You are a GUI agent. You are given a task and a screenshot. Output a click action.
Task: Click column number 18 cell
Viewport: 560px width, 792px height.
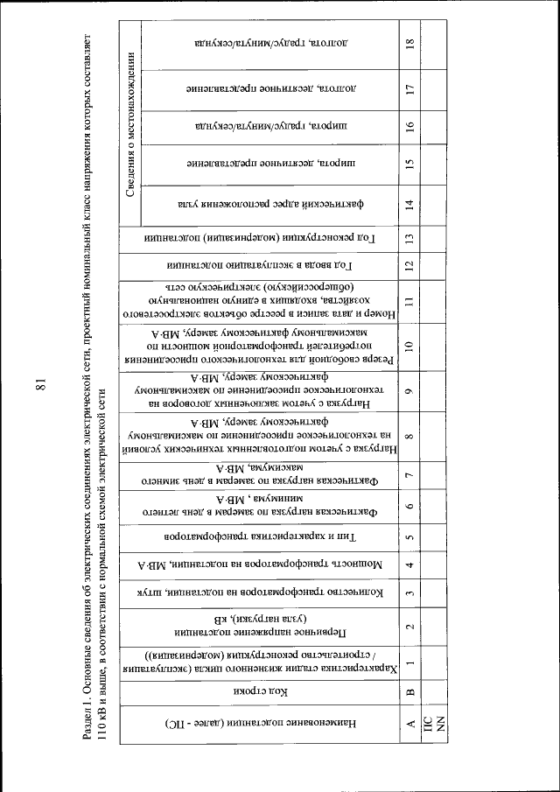click(x=409, y=41)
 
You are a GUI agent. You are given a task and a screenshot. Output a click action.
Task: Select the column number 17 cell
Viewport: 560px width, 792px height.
click(x=409, y=88)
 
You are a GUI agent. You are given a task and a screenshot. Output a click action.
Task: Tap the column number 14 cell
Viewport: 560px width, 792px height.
click(x=409, y=209)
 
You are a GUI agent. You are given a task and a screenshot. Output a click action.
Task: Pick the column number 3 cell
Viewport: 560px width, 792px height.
click(x=409, y=596)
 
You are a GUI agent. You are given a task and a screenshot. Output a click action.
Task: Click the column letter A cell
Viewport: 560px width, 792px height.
click(x=409, y=723)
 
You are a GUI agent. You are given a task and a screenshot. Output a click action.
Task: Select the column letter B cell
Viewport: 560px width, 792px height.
click(x=409, y=690)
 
